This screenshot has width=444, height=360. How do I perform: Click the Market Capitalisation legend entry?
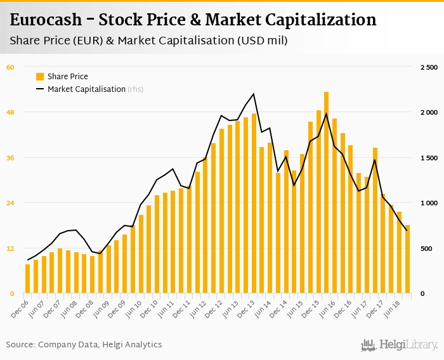pyautogui.click(x=86, y=89)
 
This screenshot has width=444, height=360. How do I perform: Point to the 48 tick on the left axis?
pyautogui.click(x=10, y=112)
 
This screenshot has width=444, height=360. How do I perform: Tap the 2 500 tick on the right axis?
pyautogui.click(x=429, y=67)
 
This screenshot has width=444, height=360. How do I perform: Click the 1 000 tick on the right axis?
pyautogui.click(x=429, y=203)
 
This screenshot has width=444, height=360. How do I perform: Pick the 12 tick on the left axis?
pyautogui.click(x=10, y=248)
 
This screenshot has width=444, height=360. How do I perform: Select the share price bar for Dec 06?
pyautogui.click(x=28, y=279)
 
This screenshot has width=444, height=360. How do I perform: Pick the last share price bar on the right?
pyautogui.click(x=407, y=259)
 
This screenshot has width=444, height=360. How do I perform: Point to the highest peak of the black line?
pyautogui.click(x=254, y=94)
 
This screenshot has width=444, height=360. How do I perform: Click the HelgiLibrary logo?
pyautogui.click(x=400, y=345)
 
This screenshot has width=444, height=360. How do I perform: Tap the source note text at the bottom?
pyautogui.click(x=84, y=345)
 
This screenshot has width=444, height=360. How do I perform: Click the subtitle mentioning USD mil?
pyautogui.click(x=149, y=41)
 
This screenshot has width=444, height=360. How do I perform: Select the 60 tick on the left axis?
pyautogui.click(x=10, y=67)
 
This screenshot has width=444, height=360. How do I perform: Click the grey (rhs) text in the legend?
pyautogui.click(x=135, y=89)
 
